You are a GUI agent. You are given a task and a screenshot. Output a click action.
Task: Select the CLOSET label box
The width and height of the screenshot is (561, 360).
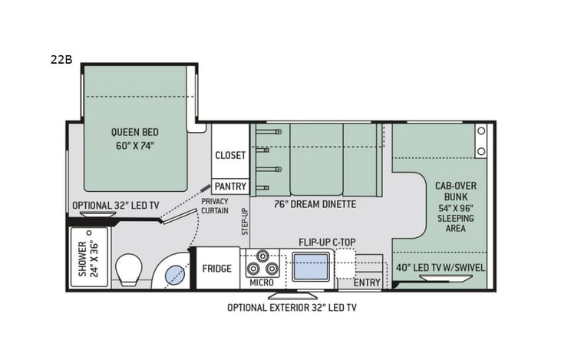coord(230,155)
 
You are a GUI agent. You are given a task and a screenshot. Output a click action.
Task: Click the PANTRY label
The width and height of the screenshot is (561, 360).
coord(230,186)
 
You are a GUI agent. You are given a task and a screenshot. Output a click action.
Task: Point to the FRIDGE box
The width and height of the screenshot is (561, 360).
coord(218,269)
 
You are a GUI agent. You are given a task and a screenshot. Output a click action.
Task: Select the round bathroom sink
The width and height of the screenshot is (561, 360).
coord(174,272)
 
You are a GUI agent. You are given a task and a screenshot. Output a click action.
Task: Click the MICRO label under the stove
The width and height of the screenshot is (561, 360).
coord(261,283)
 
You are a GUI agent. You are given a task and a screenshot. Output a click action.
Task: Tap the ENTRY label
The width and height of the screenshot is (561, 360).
coord(367,283)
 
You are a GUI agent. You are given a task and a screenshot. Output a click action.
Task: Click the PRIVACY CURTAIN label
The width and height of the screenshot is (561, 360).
coord(216,206)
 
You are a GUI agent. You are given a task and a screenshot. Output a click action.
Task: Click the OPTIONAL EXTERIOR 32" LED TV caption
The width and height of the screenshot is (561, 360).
coord(292,308)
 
